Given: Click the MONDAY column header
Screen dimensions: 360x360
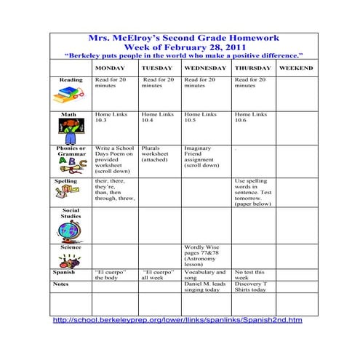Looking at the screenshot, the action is (110, 68).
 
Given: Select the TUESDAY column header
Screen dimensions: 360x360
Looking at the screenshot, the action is (156, 68).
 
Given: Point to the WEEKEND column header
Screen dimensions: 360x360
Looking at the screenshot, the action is (296, 68).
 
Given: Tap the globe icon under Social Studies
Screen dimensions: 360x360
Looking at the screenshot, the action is (70, 231).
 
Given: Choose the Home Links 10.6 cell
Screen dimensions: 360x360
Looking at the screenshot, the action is (250, 118).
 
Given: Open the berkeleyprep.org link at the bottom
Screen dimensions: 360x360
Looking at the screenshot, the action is (177, 320).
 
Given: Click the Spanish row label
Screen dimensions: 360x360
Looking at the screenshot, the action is (64, 273).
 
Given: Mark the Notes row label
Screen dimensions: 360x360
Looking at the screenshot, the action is (61, 283).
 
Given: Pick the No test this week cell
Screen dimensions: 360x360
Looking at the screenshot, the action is (250, 276).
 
